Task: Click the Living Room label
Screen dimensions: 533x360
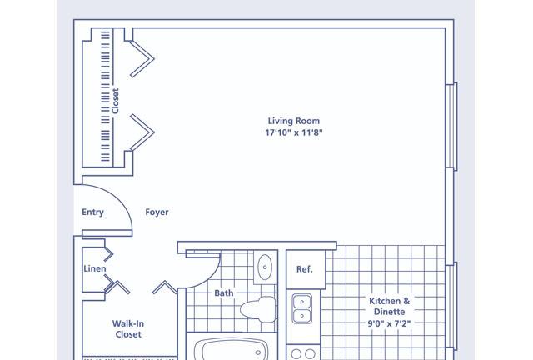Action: [x=294, y=121]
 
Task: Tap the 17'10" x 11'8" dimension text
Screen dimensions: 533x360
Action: [x=294, y=132]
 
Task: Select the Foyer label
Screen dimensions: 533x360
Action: [x=157, y=212]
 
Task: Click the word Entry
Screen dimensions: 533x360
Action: [x=92, y=212]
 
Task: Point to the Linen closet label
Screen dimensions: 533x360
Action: [x=95, y=268]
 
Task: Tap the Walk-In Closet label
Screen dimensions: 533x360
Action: [x=128, y=328]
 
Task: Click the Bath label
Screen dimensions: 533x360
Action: [x=224, y=293]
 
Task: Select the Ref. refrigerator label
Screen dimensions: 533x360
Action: [x=304, y=269]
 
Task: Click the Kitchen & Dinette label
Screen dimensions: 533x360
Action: [x=390, y=306]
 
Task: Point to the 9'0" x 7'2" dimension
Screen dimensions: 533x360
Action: [x=390, y=323]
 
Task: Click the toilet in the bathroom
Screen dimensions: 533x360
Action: [x=258, y=309]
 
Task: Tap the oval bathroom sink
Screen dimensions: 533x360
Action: [x=265, y=267]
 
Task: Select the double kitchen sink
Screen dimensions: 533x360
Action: [x=301, y=309]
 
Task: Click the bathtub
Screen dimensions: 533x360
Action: [x=232, y=349]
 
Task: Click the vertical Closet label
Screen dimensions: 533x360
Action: [x=116, y=101]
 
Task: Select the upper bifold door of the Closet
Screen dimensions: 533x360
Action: [x=142, y=59]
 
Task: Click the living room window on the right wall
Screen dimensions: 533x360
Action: [x=451, y=126]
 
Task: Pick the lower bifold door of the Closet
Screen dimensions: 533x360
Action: [x=142, y=132]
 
